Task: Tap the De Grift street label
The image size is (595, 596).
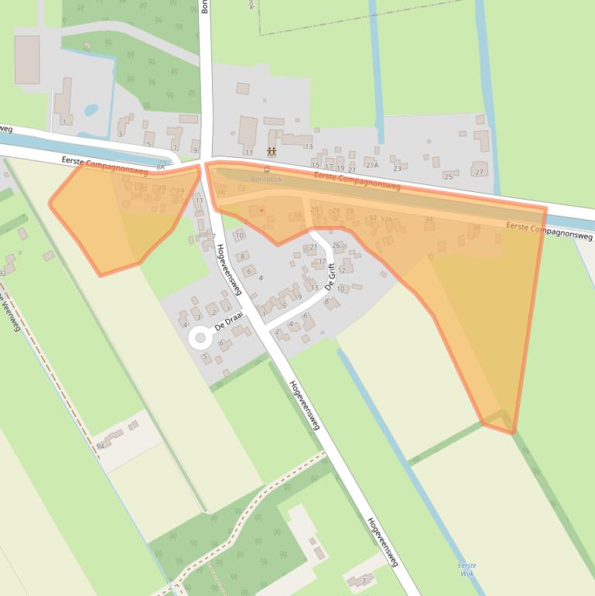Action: click(x=330, y=276)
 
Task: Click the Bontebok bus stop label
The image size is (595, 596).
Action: click(x=267, y=179)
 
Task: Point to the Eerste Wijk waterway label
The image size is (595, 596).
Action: click(x=467, y=570)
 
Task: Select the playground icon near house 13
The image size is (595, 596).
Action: click(x=272, y=150)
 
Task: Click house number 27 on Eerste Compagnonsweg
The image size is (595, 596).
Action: click(x=480, y=172)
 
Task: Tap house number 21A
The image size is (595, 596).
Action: click(x=372, y=166)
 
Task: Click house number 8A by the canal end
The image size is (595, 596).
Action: click(x=161, y=166)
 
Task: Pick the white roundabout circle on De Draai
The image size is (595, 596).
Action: click(x=200, y=337)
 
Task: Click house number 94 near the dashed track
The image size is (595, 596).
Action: click(x=101, y=447)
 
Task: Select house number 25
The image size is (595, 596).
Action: click(x=448, y=176)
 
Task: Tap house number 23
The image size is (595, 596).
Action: click(x=397, y=168)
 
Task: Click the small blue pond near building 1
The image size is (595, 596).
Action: click(x=91, y=110)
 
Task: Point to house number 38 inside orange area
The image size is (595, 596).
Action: click(x=477, y=227)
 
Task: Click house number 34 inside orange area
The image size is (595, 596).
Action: click(x=429, y=219)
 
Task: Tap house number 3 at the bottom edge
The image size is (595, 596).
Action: click(x=363, y=580)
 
